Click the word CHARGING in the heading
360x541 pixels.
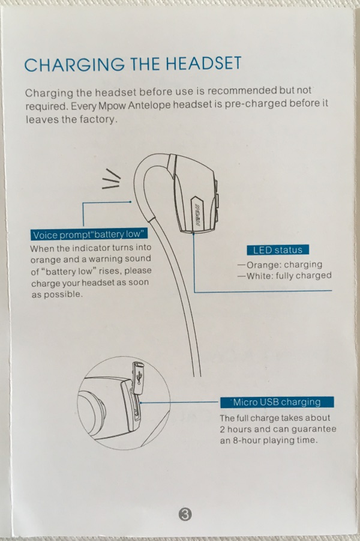(75, 64)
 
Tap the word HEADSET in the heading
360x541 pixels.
(203, 63)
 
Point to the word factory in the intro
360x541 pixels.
(98, 119)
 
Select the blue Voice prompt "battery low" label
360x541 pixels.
(89, 235)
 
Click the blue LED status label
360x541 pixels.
(278, 250)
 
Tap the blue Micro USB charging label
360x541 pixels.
(277, 402)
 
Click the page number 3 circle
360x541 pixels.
(185, 515)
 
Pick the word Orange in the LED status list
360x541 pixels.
(262, 265)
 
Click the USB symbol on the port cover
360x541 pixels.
(139, 377)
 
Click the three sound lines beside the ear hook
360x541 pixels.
(112, 179)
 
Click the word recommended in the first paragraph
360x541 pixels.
(242, 91)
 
